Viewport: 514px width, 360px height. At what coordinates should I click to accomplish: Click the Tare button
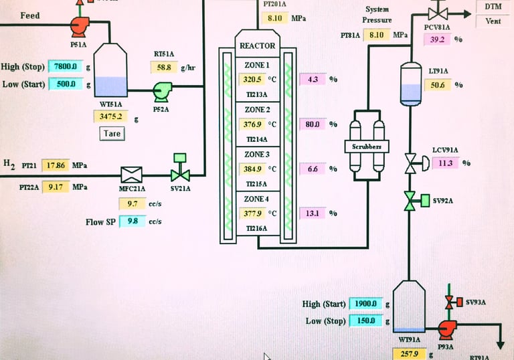[110, 134]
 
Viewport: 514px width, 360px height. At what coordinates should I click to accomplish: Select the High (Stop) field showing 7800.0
[66, 66]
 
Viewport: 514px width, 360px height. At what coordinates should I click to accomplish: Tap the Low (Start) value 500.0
[66, 84]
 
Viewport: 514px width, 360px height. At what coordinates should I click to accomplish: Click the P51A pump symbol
[79, 27]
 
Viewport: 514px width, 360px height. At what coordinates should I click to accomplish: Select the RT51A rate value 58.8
[164, 68]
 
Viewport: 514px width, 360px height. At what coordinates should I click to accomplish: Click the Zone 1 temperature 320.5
[253, 79]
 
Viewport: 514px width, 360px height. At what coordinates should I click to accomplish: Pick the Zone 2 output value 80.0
[312, 124]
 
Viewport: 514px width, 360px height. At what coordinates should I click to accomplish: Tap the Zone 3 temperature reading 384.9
[253, 169]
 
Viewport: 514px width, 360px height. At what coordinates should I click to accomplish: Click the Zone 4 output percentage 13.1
[312, 213]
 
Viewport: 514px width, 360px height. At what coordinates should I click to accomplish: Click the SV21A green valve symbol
[179, 175]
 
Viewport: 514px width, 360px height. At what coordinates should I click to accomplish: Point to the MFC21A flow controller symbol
[130, 175]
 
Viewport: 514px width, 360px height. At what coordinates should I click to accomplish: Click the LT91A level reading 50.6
[437, 85]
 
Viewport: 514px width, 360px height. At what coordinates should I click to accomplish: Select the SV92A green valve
[410, 201]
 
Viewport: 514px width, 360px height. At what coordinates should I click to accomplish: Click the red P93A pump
[446, 328]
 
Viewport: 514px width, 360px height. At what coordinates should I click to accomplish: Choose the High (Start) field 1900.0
[366, 304]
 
